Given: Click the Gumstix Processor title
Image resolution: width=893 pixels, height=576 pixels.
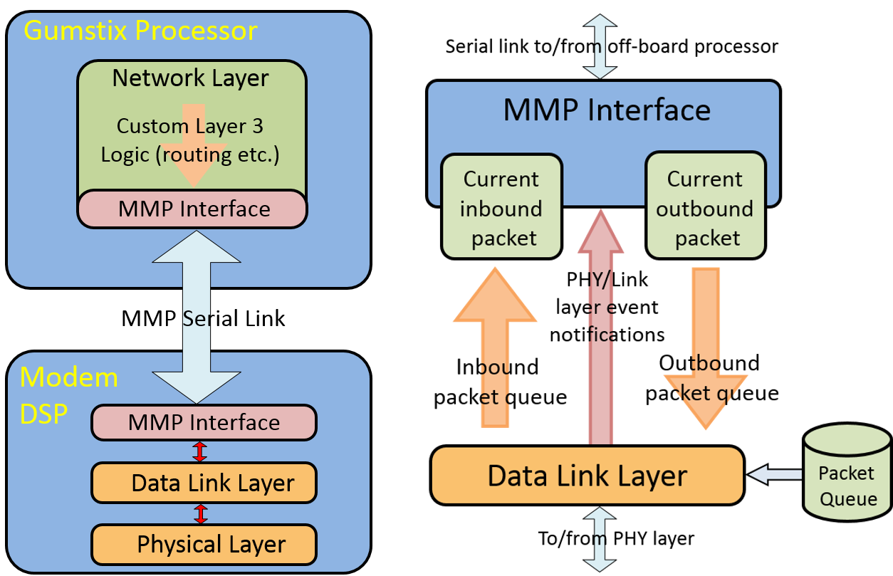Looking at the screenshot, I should pyautogui.click(x=140, y=31).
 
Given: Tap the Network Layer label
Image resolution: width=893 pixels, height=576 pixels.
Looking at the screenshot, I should pyautogui.click(x=191, y=78).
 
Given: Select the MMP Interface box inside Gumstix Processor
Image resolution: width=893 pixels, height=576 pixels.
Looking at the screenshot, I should pyautogui.click(x=192, y=209).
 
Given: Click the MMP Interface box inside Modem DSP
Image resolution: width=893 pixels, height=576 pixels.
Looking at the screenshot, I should pyautogui.click(x=204, y=422).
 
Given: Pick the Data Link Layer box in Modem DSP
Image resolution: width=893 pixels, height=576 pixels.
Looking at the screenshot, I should pyautogui.click(x=204, y=483).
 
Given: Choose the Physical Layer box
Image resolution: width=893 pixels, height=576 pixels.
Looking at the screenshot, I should pyautogui.click(x=204, y=545).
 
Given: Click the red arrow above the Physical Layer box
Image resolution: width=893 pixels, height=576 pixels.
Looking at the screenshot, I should pyautogui.click(x=201, y=514).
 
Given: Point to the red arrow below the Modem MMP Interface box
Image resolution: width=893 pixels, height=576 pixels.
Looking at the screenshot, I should pyautogui.click(x=200, y=451).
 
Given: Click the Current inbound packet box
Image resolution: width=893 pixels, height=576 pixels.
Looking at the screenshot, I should pyautogui.click(x=501, y=207).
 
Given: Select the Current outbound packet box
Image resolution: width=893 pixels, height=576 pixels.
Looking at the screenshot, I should pyautogui.click(x=705, y=207).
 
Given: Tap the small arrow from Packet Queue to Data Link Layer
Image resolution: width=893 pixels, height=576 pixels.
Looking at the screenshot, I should pyautogui.click(x=774, y=474).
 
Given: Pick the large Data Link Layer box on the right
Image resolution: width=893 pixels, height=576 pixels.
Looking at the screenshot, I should pyautogui.click(x=587, y=475).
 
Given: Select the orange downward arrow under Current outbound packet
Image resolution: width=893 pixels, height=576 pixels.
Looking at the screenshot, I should pyautogui.click(x=706, y=349).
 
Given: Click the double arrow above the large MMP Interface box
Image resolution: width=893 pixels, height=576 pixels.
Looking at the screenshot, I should pyautogui.click(x=600, y=46).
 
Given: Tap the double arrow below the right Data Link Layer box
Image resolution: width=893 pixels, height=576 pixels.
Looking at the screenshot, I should pyautogui.click(x=600, y=539).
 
